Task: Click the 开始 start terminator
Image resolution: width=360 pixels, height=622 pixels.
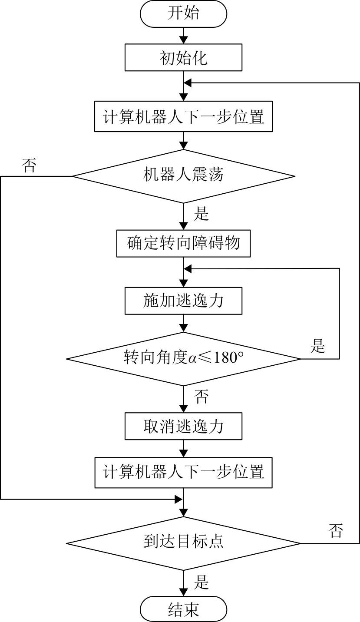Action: pyautogui.click(x=183, y=13)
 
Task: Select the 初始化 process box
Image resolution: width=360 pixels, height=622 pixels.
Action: pyautogui.click(x=183, y=58)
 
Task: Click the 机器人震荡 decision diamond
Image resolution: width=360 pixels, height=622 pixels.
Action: pyautogui.click(x=183, y=176)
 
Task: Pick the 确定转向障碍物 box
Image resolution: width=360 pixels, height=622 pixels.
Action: pyautogui.click(x=183, y=243)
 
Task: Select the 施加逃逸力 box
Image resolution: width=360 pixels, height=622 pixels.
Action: pyautogui.click(x=183, y=301)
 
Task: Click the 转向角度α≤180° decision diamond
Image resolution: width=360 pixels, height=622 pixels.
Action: pyautogui.click(x=183, y=359)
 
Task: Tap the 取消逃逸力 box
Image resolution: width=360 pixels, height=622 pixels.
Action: pyautogui.click(x=183, y=426)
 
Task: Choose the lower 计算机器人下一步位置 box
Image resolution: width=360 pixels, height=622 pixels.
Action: pyautogui.click(x=183, y=472)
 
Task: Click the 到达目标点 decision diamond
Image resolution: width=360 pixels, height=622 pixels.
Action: pyautogui.click(x=183, y=543)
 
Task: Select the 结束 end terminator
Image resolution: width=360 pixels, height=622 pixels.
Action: pyautogui.click(x=183, y=609)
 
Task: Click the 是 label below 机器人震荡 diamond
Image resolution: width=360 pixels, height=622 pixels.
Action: pyautogui.click(x=201, y=214)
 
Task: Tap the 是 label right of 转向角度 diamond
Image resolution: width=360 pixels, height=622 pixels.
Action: pyautogui.click(x=318, y=347)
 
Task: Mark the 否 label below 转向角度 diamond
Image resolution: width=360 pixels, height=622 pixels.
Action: pyautogui.click(x=201, y=396)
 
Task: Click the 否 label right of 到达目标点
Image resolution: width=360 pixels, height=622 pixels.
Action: pyautogui.click(x=336, y=531)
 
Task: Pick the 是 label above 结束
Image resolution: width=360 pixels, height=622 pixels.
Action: pyautogui.click(x=201, y=582)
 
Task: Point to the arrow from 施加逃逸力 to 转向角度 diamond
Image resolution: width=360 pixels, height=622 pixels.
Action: pyautogui.click(x=184, y=323)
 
